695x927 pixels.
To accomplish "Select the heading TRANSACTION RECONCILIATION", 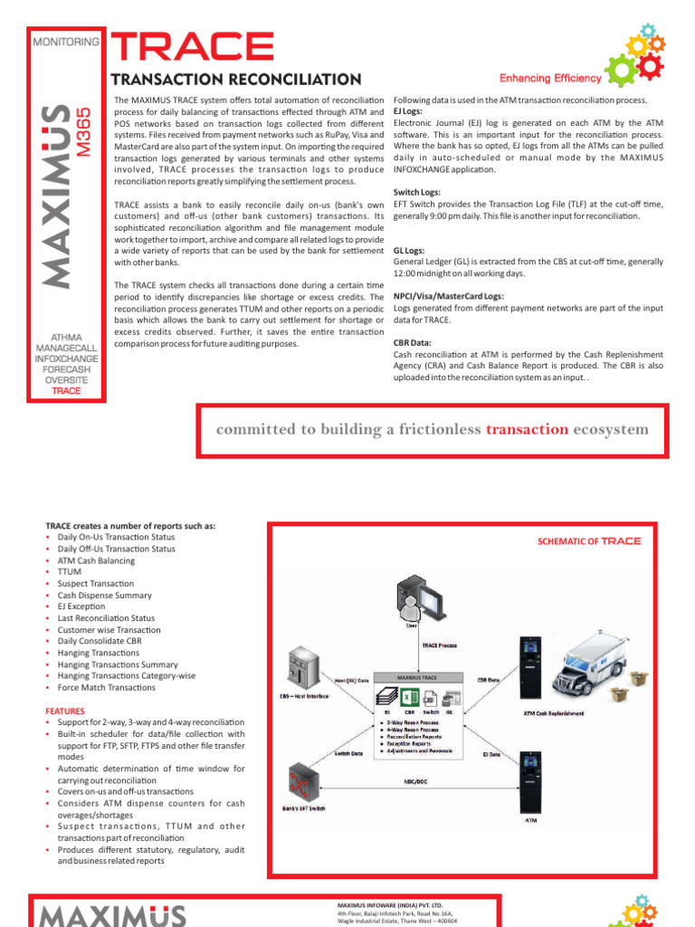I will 235,81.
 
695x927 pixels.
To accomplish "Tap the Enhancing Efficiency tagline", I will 550,79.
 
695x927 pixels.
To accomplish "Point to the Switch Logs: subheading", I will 417,193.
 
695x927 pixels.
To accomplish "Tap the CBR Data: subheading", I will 412,343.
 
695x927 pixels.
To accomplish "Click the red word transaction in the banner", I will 528,429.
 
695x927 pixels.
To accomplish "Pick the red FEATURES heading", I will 65,712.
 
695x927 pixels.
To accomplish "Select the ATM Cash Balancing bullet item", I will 96,560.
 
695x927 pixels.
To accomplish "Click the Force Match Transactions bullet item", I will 108,688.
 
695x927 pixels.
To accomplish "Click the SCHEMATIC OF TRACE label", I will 588,540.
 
